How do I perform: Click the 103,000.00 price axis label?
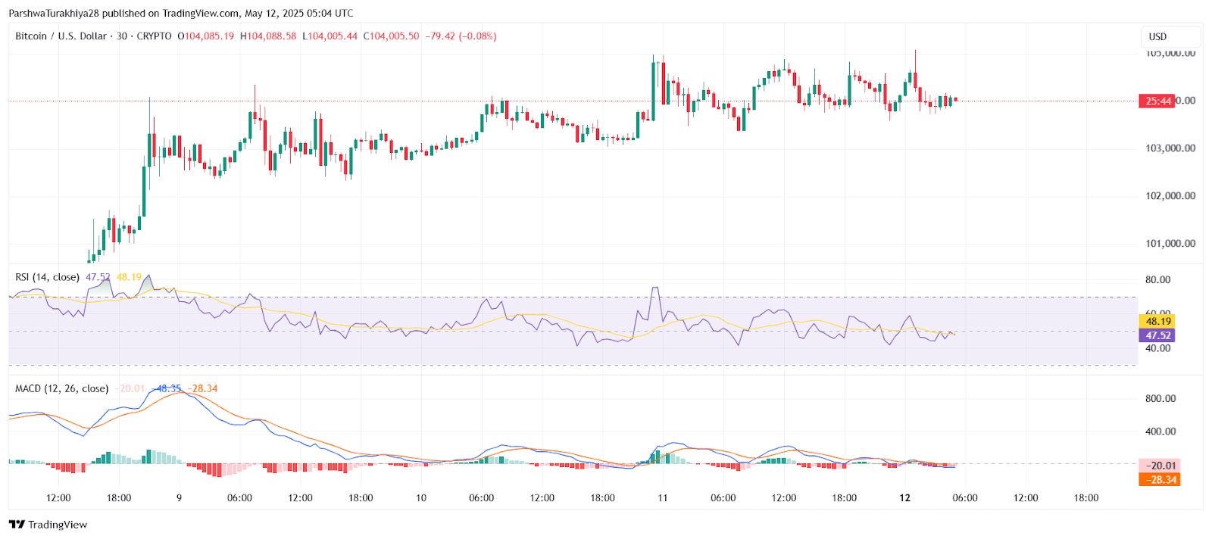pyautogui.click(x=1170, y=148)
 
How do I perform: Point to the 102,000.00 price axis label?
pyautogui.click(x=1170, y=196)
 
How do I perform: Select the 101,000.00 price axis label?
pyautogui.click(x=1170, y=244)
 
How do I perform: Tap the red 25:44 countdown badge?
pyautogui.click(x=1157, y=101)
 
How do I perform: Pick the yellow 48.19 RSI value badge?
pyautogui.click(x=1157, y=322)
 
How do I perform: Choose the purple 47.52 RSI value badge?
pyautogui.click(x=1157, y=335)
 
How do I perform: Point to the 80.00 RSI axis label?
pyautogui.click(x=1157, y=280)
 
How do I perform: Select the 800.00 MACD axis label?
pyautogui.click(x=1160, y=399)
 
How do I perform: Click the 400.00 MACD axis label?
pyautogui.click(x=1160, y=432)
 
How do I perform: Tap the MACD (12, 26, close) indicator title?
pyautogui.click(x=62, y=389)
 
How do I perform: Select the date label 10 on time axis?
pyautogui.click(x=421, y=498)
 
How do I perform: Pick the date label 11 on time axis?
pyautogui.click(x=663, y=498)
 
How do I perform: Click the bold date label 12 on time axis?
pyautogui.click(x=904, y=498)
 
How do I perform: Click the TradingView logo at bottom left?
pyautogui.click(x=48, y=525)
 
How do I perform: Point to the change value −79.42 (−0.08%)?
pyautogui.click(x=461, y=36)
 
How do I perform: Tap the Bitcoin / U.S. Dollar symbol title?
pyautogui.click(x=61, y=36)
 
